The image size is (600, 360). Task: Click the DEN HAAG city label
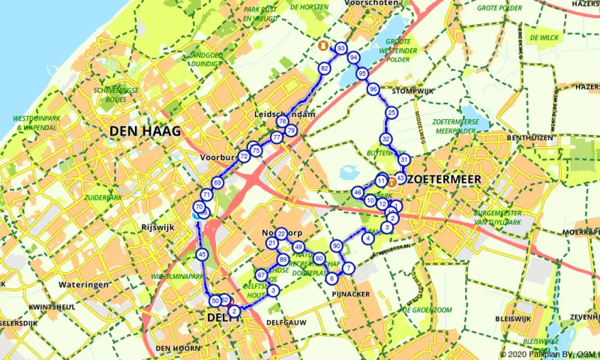[145, 131]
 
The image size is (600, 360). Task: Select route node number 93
[341, 49]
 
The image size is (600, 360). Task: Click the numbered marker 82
[325, 68]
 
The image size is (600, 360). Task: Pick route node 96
[373, 89]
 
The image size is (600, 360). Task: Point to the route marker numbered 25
[391, 112]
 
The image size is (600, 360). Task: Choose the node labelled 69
[217, 183]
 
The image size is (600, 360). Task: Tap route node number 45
[202, 255]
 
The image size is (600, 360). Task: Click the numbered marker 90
[337, 246]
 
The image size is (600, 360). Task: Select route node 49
[298, 247]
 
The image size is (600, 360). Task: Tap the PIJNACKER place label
[349, 294]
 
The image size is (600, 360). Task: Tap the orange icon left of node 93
[322, 45]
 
